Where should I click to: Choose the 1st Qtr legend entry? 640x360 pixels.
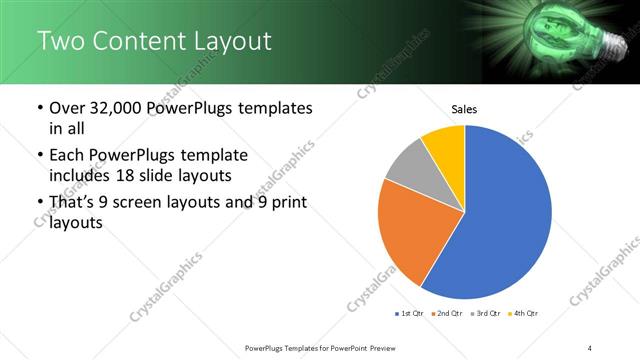(x=410, y=314)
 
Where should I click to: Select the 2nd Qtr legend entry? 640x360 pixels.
(x=448, y=314)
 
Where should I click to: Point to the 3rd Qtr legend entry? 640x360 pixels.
(x=487, y=314)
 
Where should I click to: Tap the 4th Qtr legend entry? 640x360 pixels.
(x=524, y=314)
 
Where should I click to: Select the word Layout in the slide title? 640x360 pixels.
(x=232, y=41)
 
